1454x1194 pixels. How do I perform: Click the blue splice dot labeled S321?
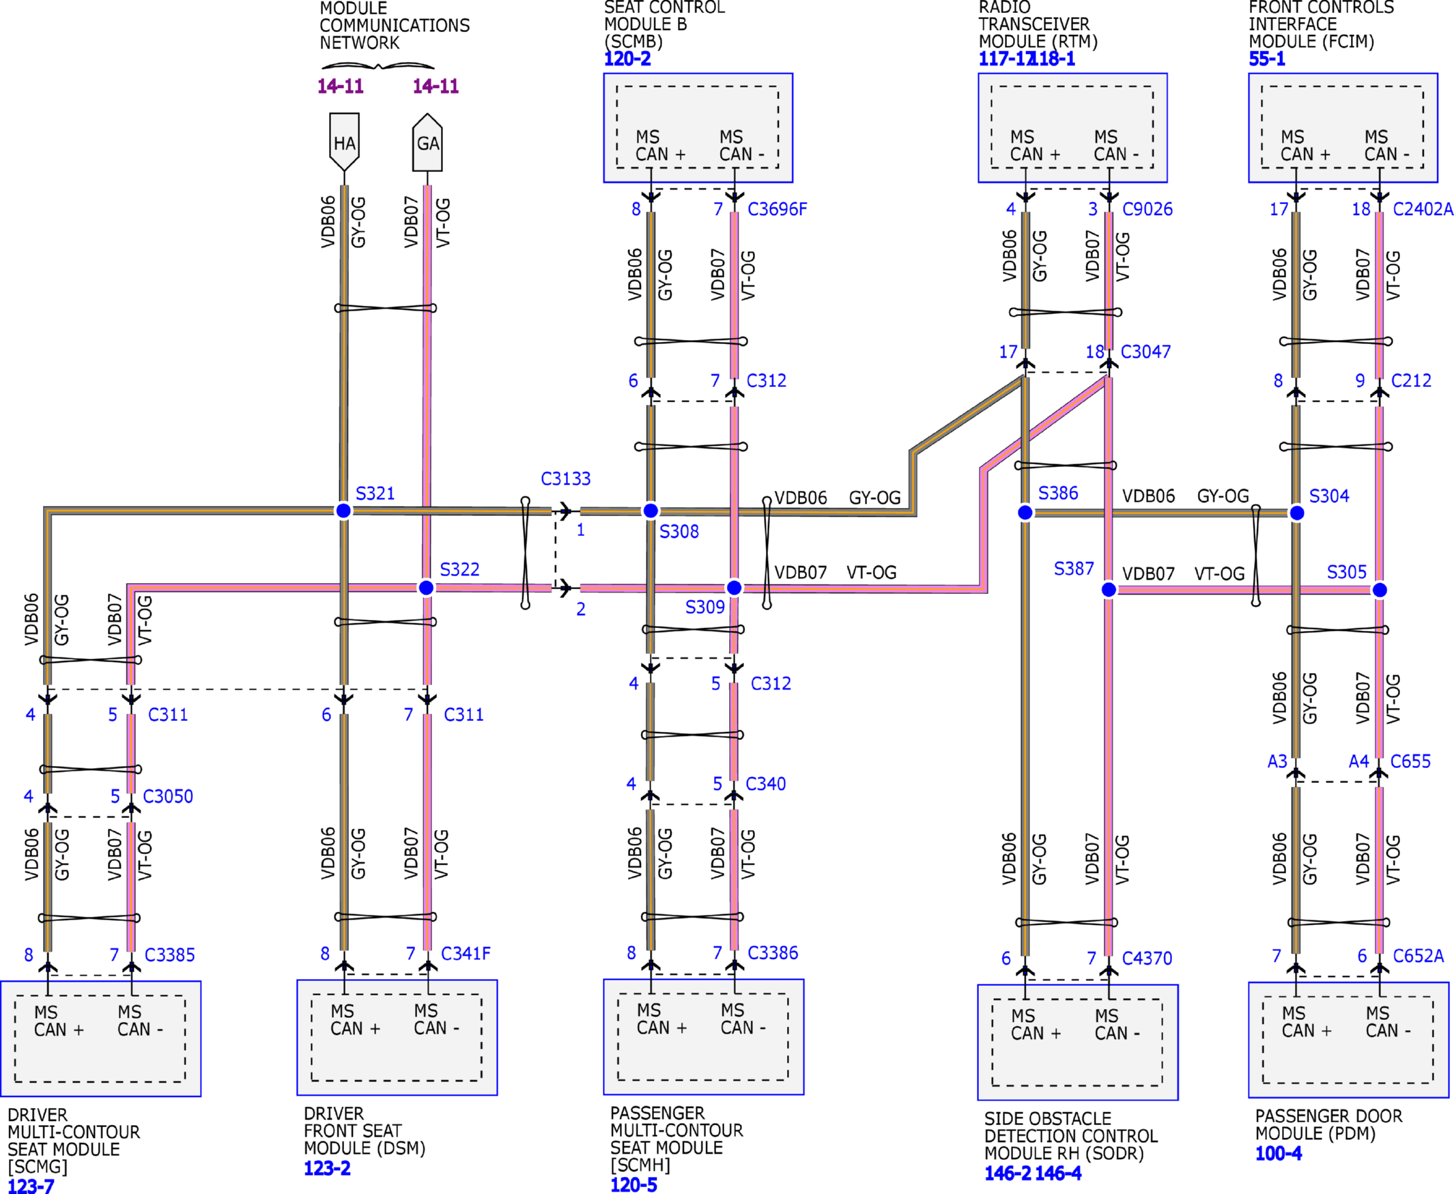(343, 511)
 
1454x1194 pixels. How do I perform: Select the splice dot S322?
(427, 587)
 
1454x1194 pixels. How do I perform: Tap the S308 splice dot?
(651, 511)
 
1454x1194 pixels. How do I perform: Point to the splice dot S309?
(735, 587)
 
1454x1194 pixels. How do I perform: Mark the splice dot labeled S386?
(1025, 513)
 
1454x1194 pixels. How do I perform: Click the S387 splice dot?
(1109, 589)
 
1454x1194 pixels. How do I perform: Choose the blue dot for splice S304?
(1296, 513)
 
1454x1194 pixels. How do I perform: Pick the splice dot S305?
(1380, 589)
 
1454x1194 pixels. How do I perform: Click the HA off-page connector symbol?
(345, 143)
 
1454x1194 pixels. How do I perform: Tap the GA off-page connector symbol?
(427, 143)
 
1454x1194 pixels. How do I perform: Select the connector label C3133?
(565, 479)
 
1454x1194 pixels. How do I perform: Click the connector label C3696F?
(778, 209)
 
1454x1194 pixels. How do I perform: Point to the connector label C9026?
(1147, 209)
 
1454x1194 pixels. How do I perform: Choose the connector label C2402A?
(1423, 209)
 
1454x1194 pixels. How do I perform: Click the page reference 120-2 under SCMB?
(627, 59)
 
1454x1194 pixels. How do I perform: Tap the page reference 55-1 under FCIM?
(1267, 59)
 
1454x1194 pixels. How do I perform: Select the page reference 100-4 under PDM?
(1279, 1154)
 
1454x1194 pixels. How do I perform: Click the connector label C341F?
(466, 953)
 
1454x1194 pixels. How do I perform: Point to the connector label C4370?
(1147, 958)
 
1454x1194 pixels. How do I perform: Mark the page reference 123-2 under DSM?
(328, 1168)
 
